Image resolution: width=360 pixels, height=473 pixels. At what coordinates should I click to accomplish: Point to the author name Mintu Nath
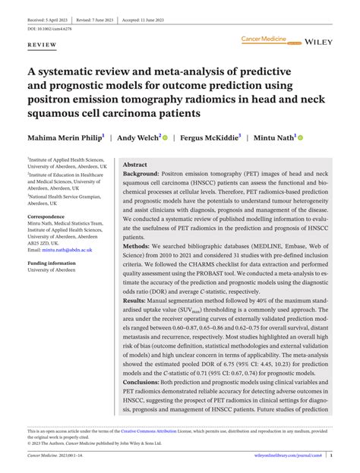tap(273, 138)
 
